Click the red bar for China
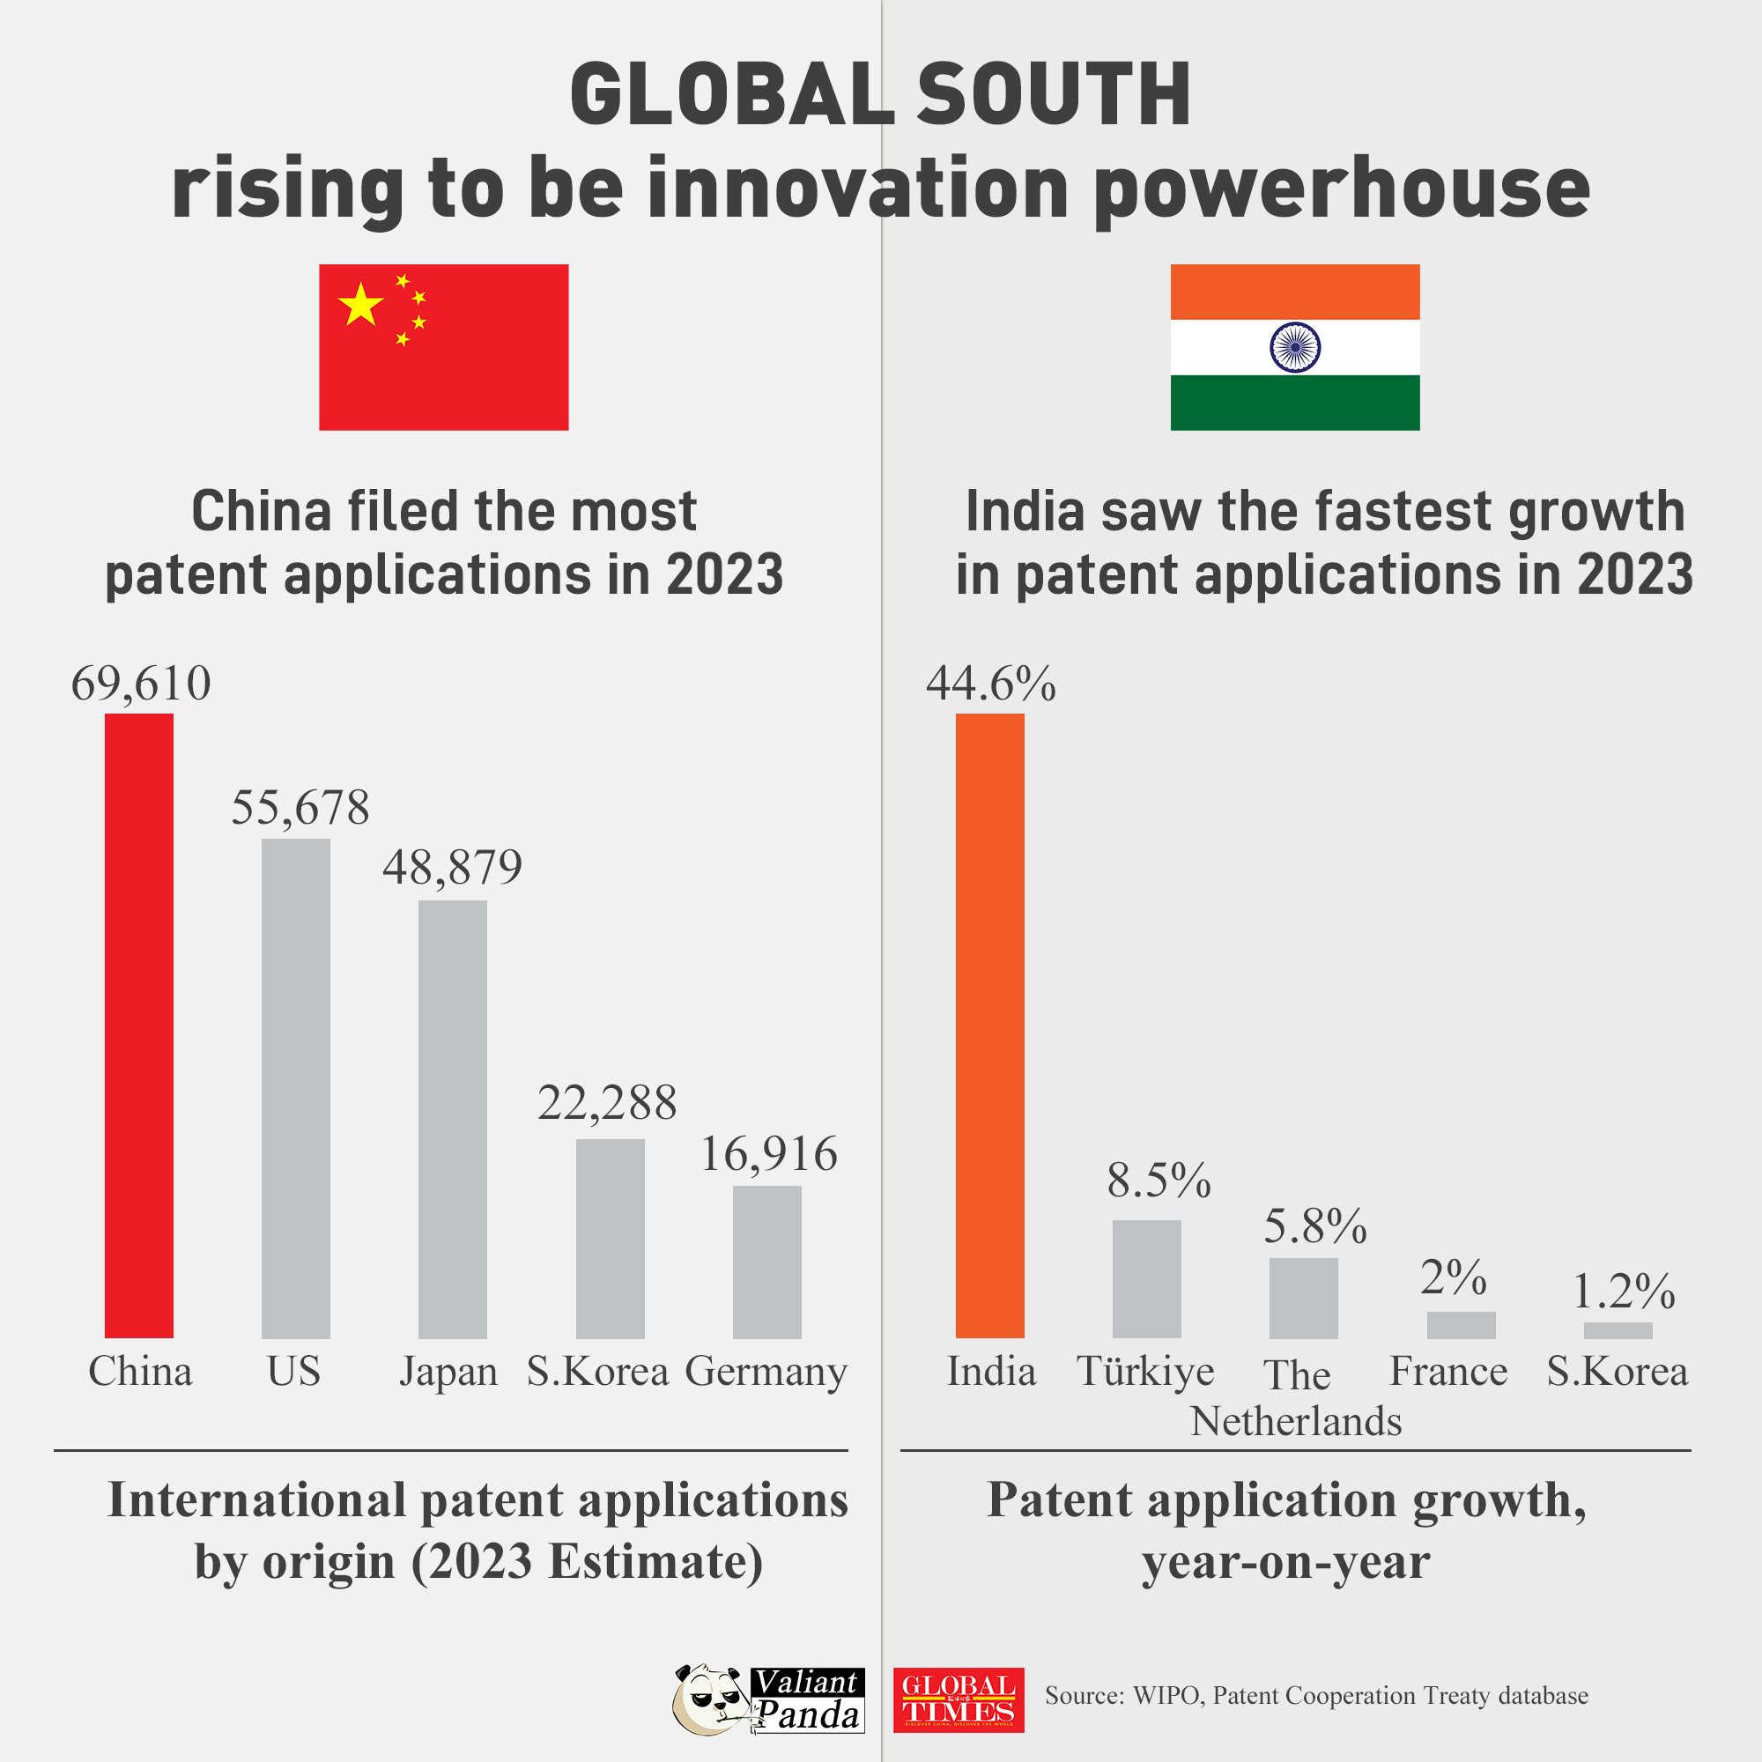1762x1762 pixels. pyautogui.click(x=138, y=1025)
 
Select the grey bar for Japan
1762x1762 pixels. pyautogui.click(x=452, y=1119)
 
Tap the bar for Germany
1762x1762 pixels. pyautogui.click(x=767, y=1262)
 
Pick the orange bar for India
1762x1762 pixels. pyautogui.click(x=989, y=1025)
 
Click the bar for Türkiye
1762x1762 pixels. pyautogui.click(x=1146, y=1278)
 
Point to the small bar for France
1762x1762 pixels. pyautogui.click(x=1460, y=1324)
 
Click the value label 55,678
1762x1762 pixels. pyautogui.click(x=300, y=808)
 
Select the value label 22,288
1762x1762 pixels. pyautogui.click(x=606, y=1103)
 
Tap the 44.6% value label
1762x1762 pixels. pyautogui.click(x=990, y=683)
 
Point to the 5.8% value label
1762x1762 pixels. pyautogui.click(x=1315, y=1225)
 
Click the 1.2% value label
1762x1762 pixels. pyautogui.click(x=1625, y=1292)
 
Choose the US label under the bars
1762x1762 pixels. pyautogui.click(x=293, y=1371)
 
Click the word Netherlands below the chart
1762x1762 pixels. pyautogui.click(x=1295, y=1421)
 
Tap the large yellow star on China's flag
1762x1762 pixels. pyautogui.click(x=361, y=305)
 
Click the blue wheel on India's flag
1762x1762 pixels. pyautogui.click(x=1294, y=347)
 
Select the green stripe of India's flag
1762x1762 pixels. pyautogui.click(x=1294, y=403)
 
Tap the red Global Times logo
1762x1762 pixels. pyautogui.click(x=958, y=1700)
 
